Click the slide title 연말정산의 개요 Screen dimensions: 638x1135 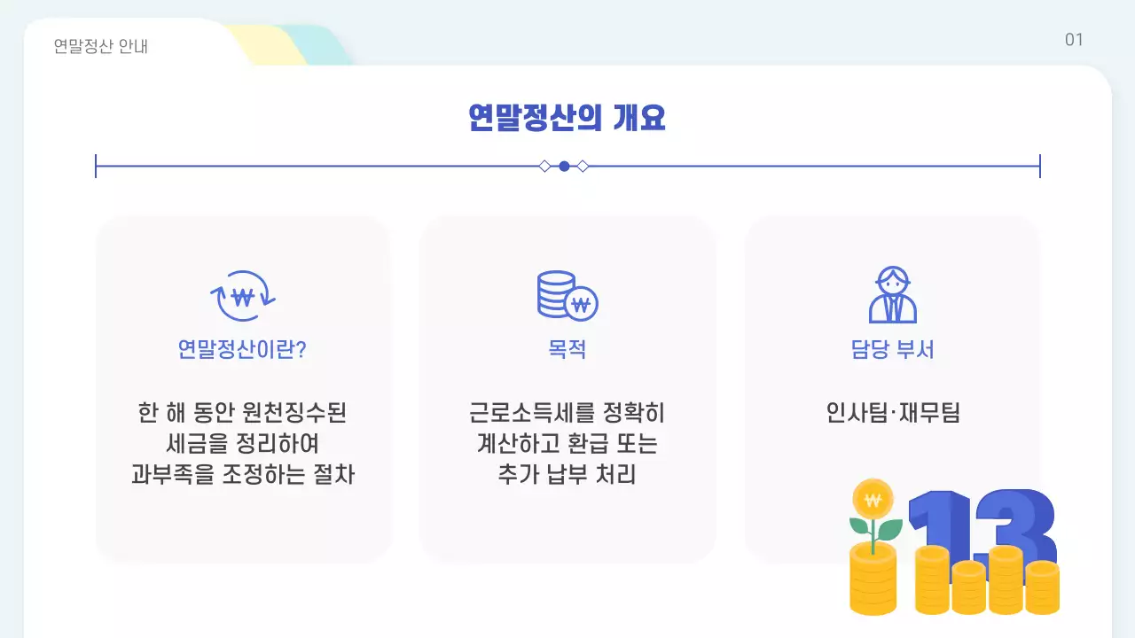(567, 117)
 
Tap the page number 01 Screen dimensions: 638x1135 (1074, 40)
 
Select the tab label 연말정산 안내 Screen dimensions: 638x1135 (100, 46)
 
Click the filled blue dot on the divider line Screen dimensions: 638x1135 (564, 166)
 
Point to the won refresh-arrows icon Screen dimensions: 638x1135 (242, 296)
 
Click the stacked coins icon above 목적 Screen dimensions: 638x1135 (567, 296)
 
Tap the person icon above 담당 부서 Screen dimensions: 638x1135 (892, 295)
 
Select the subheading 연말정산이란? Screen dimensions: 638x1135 (242, 349)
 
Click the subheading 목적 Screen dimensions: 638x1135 (567, 349)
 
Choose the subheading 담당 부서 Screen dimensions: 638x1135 (892, 349)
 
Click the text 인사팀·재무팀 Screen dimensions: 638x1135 (892, 413)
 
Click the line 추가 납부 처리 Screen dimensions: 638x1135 (567, 473)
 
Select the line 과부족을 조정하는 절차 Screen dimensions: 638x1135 (242, 473)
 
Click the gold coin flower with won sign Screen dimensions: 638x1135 (873, 499)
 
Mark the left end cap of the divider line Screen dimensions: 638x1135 (96, 166)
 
